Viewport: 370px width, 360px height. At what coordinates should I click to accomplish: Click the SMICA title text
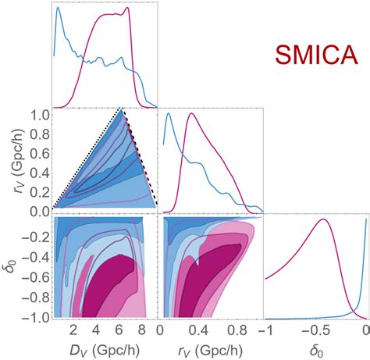click(x=315, y=57)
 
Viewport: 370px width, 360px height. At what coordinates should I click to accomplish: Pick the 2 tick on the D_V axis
click(x=72, y=329)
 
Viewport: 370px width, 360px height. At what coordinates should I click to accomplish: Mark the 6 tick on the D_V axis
click(x=119, y=329)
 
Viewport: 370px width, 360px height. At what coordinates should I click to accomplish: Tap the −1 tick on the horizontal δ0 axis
click(x=265, y=329)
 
